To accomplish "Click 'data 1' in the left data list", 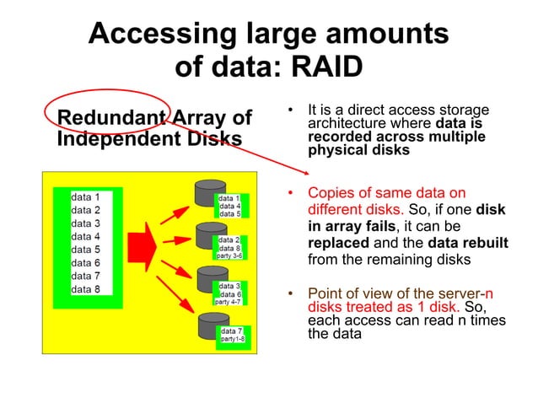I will [x=86, y=196].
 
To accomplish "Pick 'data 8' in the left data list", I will [x=86, y=289].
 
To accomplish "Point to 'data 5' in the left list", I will [x=86, y=250].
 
